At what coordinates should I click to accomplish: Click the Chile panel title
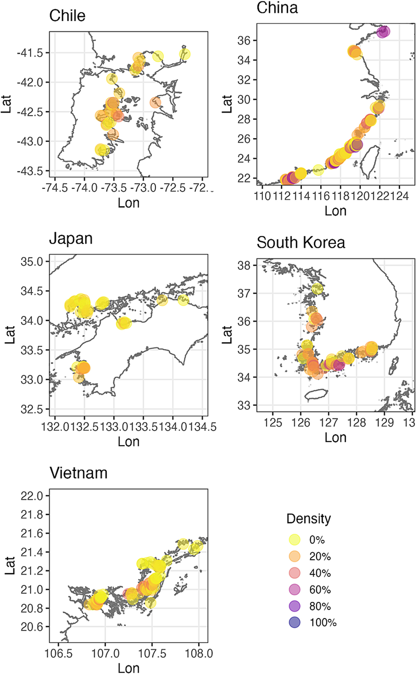67,16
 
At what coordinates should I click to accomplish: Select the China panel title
277,7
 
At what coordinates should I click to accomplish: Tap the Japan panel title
71,239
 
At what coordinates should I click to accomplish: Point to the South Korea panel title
301,242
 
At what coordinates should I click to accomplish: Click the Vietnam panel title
79,473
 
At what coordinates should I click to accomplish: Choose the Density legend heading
309,519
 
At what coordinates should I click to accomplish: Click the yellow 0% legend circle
295,540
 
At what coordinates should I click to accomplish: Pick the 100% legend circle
295,623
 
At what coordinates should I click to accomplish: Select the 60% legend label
320,590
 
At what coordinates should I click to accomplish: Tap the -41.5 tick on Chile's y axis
32,53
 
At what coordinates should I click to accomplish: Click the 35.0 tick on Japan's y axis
32,262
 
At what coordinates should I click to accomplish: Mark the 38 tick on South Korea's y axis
243,265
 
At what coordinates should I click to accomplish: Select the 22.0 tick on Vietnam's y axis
32,496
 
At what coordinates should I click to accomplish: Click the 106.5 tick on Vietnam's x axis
58,653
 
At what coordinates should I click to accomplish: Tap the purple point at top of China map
383,31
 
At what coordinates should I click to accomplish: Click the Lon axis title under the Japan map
129,442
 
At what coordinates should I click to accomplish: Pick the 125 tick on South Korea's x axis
273,422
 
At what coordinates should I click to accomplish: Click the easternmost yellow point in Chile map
185,54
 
